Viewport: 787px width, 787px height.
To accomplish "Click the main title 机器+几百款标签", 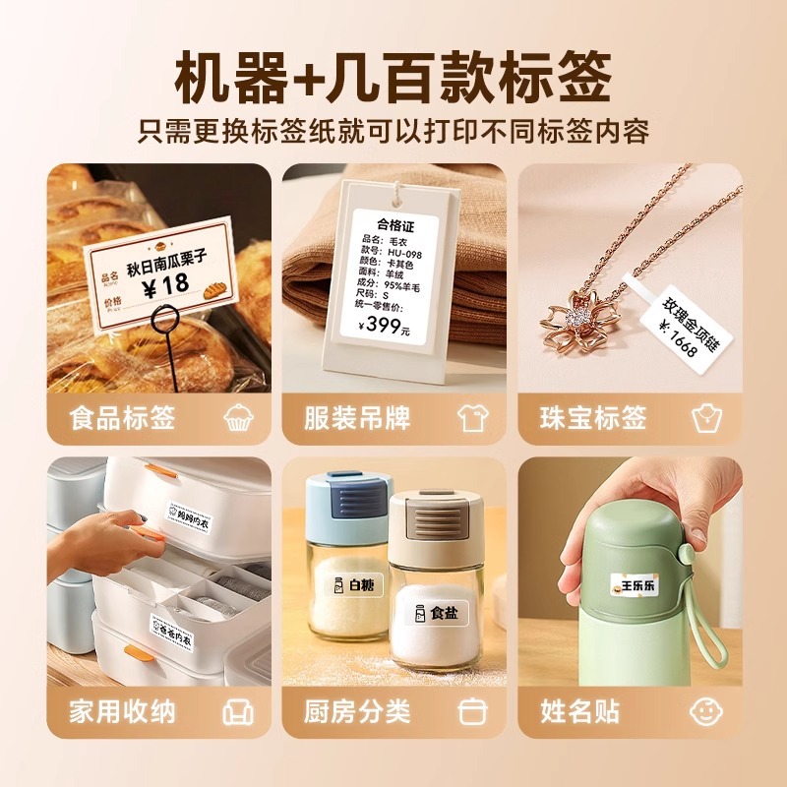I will click(x=393, y=77).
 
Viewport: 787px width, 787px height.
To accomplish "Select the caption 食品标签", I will click(x=122, y=417).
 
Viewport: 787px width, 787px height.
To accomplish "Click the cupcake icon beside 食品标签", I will click(x=238, y=418).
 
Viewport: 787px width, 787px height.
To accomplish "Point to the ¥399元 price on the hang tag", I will click(x=384, y=327).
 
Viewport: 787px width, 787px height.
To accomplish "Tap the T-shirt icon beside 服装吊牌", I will click(x=473, y=418).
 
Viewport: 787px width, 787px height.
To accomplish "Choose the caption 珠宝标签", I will click(x=593, y=417).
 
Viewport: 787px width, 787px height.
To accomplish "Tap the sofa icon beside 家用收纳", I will click(x=238, y=711).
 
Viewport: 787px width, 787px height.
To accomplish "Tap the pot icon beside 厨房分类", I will click(x=473, y=711).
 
